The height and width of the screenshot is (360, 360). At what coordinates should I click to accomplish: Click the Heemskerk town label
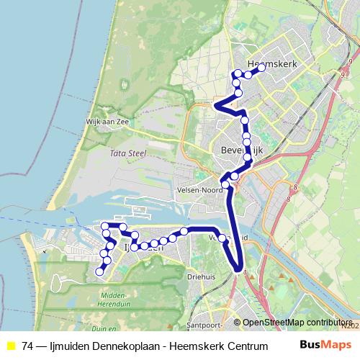271,63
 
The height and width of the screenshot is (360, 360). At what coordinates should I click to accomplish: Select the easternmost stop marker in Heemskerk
261,69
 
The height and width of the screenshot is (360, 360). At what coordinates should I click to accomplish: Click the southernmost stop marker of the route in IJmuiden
99,271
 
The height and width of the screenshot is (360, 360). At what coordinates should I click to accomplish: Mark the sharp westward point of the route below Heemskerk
215,106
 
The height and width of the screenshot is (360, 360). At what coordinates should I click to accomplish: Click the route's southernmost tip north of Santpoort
238,271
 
